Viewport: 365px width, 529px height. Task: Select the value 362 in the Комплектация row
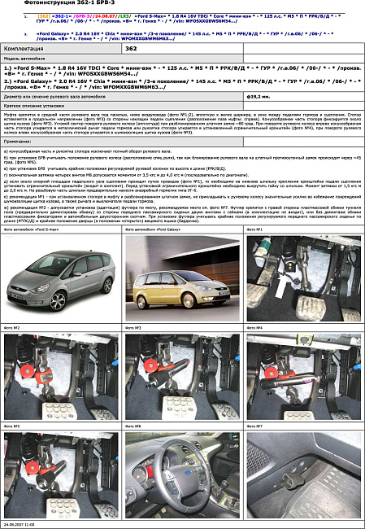point(132,49)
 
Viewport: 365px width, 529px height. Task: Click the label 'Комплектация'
point(24,49)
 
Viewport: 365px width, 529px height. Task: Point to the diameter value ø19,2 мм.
point(259,97)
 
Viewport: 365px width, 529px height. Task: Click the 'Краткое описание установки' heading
point(37,107)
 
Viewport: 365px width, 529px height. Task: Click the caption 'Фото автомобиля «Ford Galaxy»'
point(158,252)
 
